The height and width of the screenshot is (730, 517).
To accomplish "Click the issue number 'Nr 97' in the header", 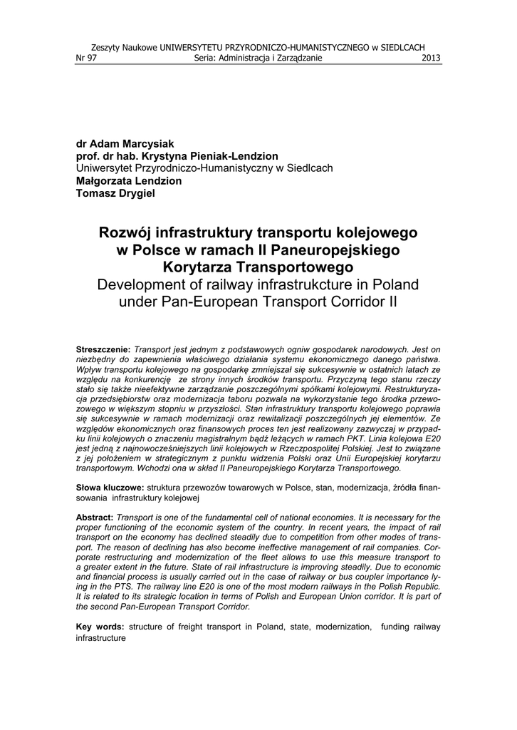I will coord(86,58).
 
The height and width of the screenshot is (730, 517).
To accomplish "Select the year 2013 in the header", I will coord(432,58).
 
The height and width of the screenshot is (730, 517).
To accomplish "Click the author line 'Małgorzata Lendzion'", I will coord(129,181).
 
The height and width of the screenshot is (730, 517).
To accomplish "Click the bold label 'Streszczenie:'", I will coord(103,349).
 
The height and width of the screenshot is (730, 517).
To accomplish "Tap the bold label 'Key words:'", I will coord(100,626).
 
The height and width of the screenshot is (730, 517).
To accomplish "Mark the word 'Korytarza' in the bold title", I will coord(199,267).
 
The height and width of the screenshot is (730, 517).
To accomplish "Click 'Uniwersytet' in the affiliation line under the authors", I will coord(106,168).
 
